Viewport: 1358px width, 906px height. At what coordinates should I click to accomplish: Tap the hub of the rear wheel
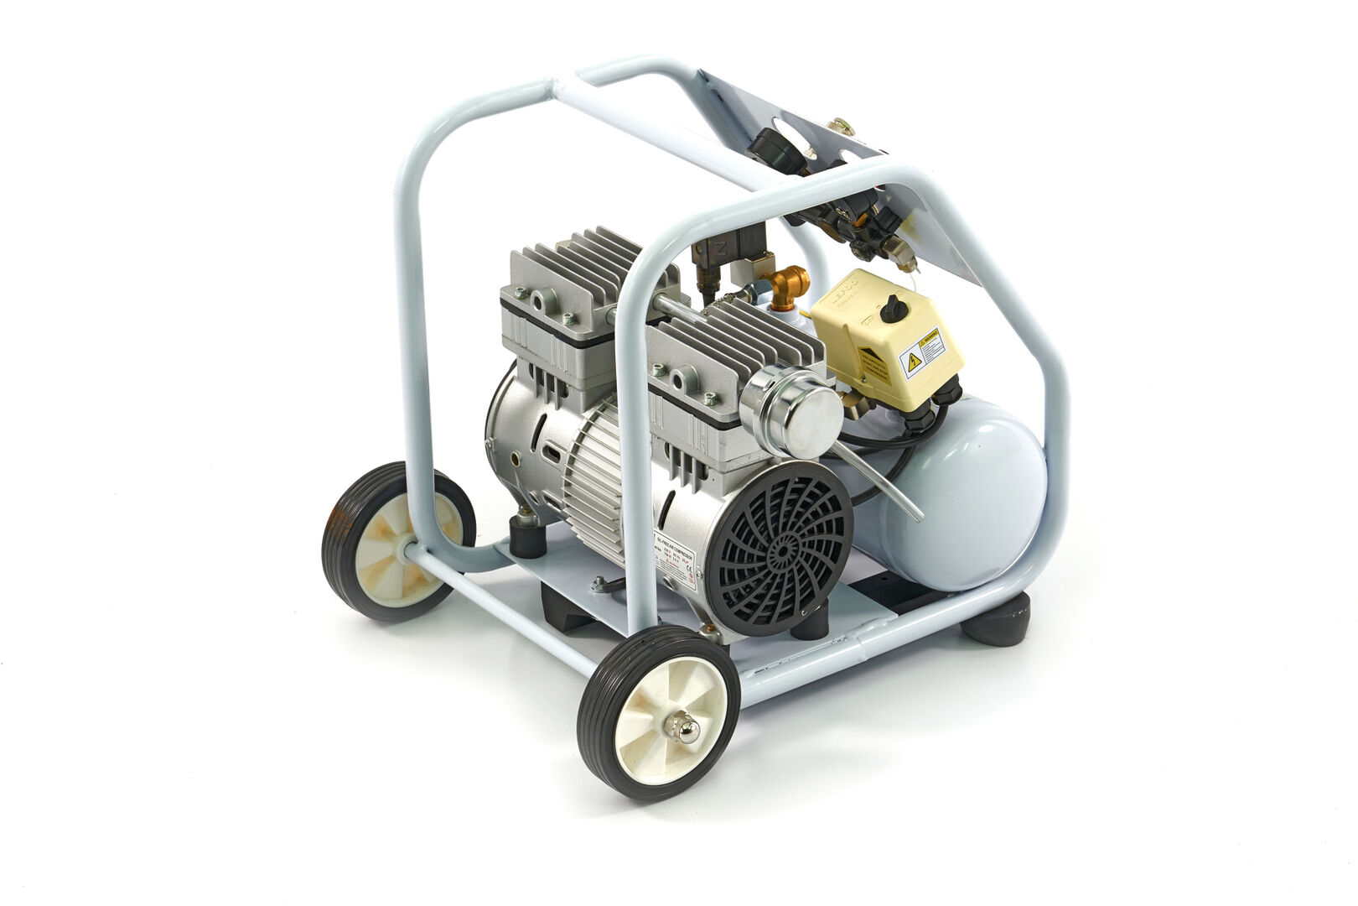[x=398, y=545]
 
